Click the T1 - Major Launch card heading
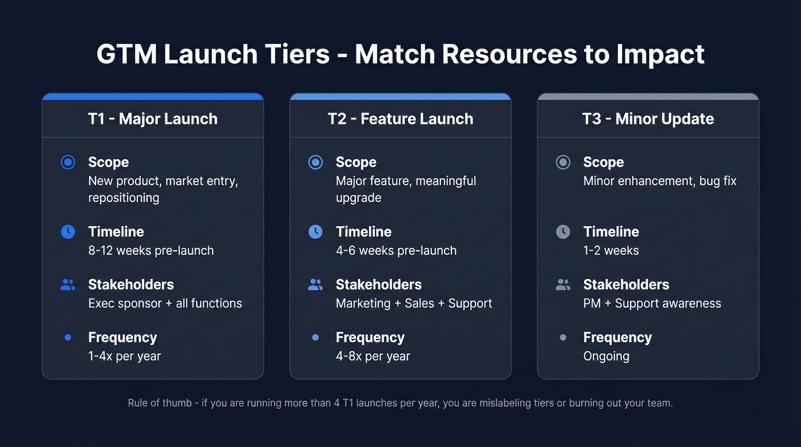[152, 119]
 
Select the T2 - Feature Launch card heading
[400, 119]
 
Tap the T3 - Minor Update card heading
[648, 119]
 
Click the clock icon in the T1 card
[68, 232]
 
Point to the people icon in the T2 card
[315, 284]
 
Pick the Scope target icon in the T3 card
[563, 163]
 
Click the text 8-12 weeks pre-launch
[151, 251]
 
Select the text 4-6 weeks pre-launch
[396, 251]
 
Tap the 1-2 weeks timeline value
[611, 251]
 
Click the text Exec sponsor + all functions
[165, 303]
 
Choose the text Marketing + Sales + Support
[414, 303]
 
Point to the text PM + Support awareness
[652, 303]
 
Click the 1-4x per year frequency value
[124, 356]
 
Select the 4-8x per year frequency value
[372, 356]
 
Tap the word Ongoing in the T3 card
[606, 356]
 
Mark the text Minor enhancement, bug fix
[660, 181]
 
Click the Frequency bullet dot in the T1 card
[68, 338]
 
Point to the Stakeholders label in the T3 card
[626, 284]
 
